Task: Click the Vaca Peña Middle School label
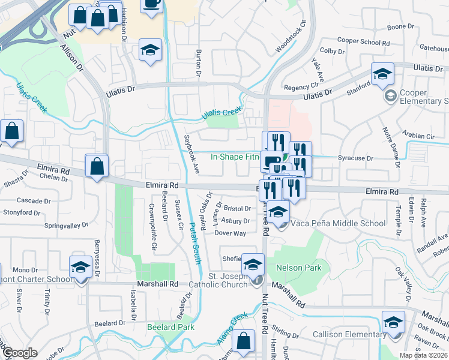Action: point(338,223)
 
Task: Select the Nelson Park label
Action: point(298,268)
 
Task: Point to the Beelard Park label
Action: point(170,327)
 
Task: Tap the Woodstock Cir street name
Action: point(291,37)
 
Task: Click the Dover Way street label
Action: point(231,233)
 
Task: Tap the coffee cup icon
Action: point(151,4)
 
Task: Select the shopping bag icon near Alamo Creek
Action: point(244,341)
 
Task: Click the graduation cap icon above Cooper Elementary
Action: point(382,74)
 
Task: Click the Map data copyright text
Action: point(424,355)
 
